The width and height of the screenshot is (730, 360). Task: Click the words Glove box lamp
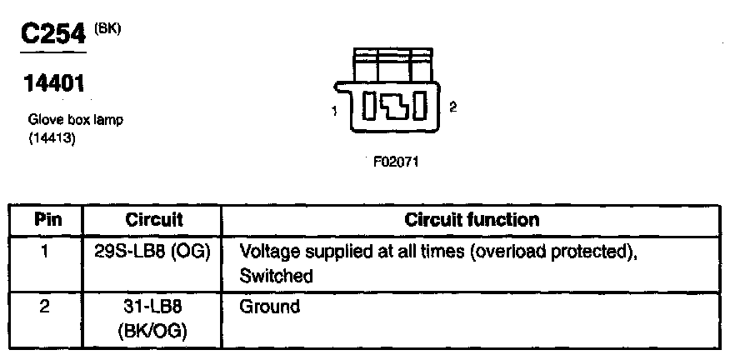click(x=76, y=120)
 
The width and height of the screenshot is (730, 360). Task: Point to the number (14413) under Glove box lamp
click(x=52, y=138)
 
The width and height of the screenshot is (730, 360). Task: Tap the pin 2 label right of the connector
click(x=452, y=107)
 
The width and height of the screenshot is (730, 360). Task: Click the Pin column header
click(x=46, y=221)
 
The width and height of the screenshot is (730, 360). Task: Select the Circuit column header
click(x=154, y=221)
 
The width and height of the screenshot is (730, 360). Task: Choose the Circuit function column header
click(x=472, y=221)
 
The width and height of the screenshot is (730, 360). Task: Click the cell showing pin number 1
click(x=46, y=251)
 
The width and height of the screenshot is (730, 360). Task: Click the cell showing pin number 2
click(x=46, y=306)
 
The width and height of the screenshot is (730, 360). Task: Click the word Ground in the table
click(x=269, y=307)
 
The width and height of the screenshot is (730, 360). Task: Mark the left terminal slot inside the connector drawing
click(x=372, y=106)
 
